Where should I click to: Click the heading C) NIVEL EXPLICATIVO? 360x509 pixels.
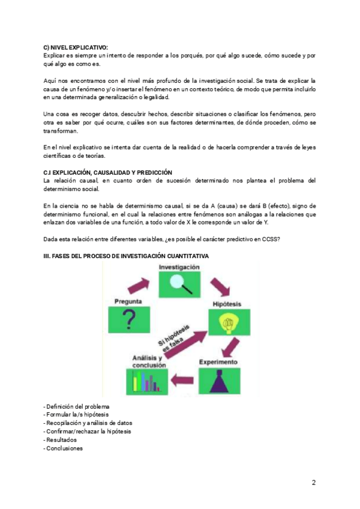pyautogui.click(x=75, y=48)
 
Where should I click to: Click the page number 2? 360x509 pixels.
pyautogui.click(x=313, y=483)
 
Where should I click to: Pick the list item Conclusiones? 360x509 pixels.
pyautogui.click(x=64, y=448)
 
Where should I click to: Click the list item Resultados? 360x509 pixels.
pyautogui.click(x=61, y=439)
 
